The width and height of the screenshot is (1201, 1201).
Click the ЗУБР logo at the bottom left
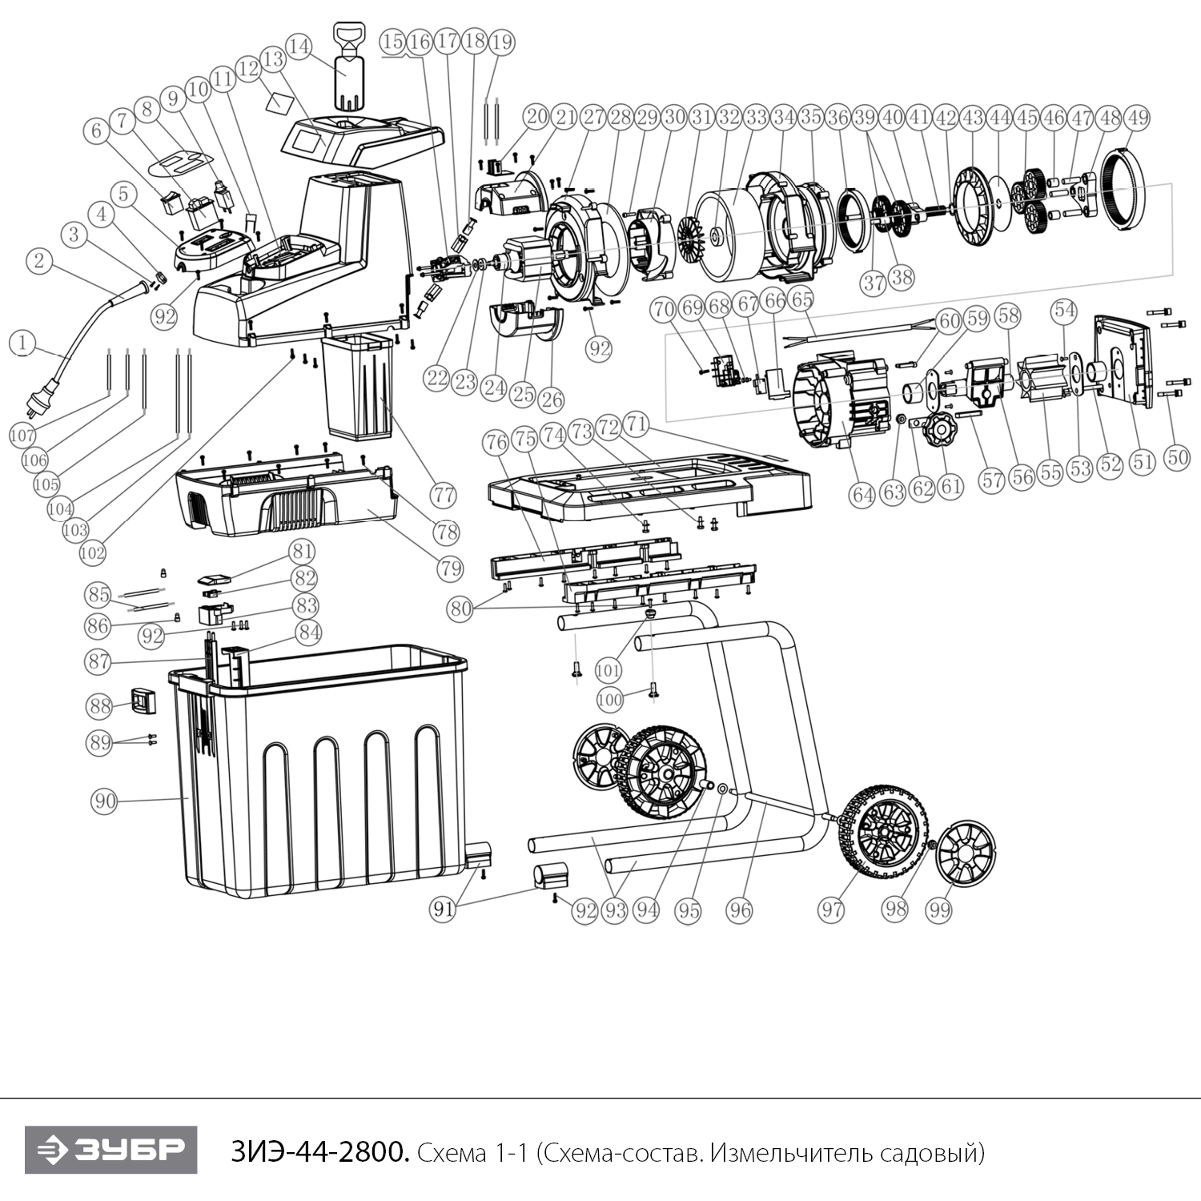pos(110,1150)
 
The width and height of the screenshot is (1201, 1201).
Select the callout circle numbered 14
pos(299,47)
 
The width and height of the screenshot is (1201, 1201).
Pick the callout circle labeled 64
pos(862,495)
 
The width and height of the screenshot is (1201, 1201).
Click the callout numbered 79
pos(451,568)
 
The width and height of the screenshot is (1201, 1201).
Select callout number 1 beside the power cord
pos(23,343)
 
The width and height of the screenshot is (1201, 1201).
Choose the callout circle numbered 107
pos(23,436)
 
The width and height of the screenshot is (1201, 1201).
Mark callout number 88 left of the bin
pos(101,706)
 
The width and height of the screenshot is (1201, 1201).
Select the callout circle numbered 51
pos(1142,462)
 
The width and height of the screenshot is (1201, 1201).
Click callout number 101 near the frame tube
pos(609,669)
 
